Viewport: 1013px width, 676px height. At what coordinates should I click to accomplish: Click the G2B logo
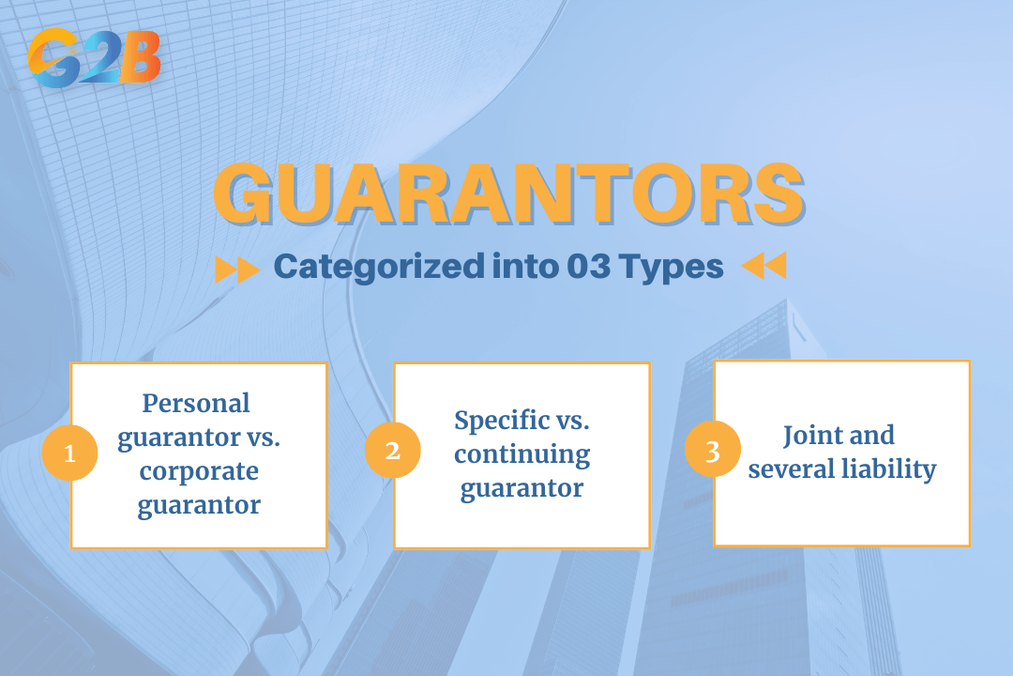(x=94, y=58)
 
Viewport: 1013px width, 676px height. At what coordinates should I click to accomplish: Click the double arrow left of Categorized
(x=236, y=269)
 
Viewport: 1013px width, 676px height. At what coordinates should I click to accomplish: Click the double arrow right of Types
(x=764, y=267)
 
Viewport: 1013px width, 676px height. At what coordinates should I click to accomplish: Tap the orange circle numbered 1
(x=69, y=453)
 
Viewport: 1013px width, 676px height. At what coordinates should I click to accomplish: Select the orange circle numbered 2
(x=392, y=451)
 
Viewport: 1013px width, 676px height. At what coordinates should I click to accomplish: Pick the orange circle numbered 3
(x=712, y=451)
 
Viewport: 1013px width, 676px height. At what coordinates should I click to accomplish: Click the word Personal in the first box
(x=196, y=403)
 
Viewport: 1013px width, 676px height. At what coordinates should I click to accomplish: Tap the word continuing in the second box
(x=522, y=454)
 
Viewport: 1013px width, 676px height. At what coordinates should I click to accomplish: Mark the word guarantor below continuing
(x=522, y=488)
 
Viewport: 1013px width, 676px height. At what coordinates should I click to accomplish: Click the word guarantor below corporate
(x=199, y=505)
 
